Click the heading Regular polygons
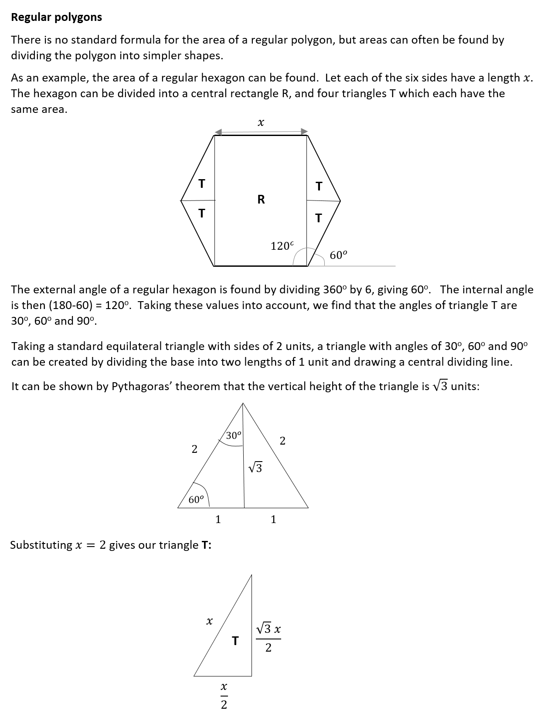click(56, 17)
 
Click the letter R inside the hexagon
click(261, 200)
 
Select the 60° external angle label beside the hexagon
click(338, 255)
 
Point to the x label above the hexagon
click(261, 123)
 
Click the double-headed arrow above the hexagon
click(261, 132)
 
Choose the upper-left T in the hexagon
click(201, 184)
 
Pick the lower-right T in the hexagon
click(318, 218)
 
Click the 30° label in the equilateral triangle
click(234, 435)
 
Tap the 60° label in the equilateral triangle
click(196, 500)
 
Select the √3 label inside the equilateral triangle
click(255, 468)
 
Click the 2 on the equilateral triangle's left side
click(194, 449)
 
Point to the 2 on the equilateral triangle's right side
click(282, 441)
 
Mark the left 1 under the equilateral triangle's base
click(218, 519)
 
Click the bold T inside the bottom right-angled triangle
click(235, 641)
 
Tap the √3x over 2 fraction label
click(269, 639)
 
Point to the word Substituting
click(41, 545)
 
